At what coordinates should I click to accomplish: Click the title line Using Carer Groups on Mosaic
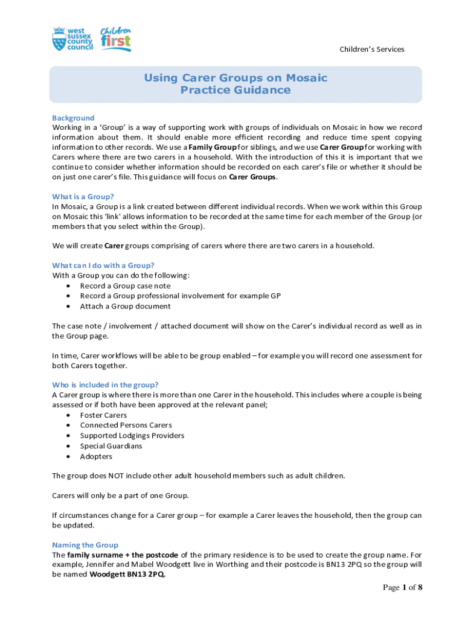coord(236,78)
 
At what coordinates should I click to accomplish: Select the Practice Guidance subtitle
coord(236,91)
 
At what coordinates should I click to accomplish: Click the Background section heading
coord(73,118)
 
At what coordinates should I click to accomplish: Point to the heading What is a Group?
coord(83,196)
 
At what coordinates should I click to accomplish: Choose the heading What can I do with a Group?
coord(103,265)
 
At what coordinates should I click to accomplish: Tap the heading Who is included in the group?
coord(106,384)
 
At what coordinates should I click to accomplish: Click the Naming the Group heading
coord(85,544)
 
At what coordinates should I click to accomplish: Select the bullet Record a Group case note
coord(125,285)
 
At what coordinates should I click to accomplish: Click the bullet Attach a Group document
coord(125,306)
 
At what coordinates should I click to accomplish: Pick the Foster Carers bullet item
coord(103,415)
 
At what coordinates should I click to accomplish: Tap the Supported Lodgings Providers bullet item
coord(132,436)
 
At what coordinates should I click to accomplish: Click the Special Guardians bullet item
coord(111,446)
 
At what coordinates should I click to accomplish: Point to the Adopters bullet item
coord(96,456)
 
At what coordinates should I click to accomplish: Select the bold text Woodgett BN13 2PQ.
coord(127,575)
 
